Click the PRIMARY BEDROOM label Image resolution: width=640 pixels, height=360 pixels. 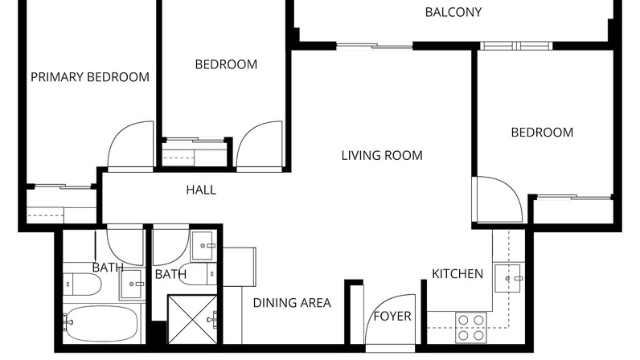pos(90,76)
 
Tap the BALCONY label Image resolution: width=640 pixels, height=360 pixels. pos(453,12)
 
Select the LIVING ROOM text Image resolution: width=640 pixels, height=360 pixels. pos(382,156)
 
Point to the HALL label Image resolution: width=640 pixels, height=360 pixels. pos(201,190)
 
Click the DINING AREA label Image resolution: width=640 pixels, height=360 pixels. pos(292,303)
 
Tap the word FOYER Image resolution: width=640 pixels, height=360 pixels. pos(392,317)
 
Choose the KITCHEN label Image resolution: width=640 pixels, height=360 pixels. pos(457,274)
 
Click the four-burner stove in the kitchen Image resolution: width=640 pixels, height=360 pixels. pos(471,328)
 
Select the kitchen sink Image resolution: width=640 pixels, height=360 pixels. pos(508,278)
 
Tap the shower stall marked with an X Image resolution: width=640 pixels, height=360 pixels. pos(192,320)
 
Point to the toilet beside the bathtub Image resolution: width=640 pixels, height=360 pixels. pos(82,284)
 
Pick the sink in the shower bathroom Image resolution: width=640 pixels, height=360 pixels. pos(203,246)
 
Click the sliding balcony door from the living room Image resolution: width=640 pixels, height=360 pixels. pos(375,45)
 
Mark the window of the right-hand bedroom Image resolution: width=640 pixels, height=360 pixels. pos(516,46)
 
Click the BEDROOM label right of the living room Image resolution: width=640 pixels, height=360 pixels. pos(542,133)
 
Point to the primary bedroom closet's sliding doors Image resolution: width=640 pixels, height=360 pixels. pos(62,186)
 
